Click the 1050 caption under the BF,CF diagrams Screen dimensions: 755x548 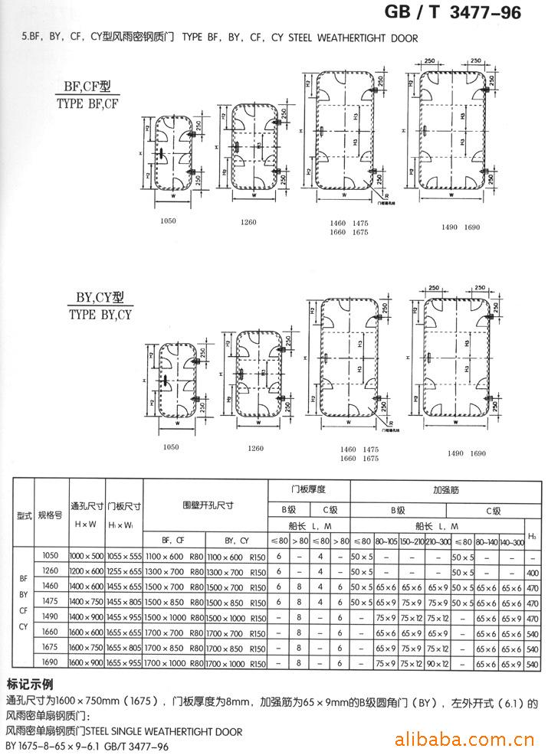169,221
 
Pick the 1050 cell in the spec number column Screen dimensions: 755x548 51,555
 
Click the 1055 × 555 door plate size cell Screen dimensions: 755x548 125,555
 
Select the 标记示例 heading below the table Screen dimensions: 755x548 32,683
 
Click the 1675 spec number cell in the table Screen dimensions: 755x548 51,647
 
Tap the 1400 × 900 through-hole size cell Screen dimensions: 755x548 87,617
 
